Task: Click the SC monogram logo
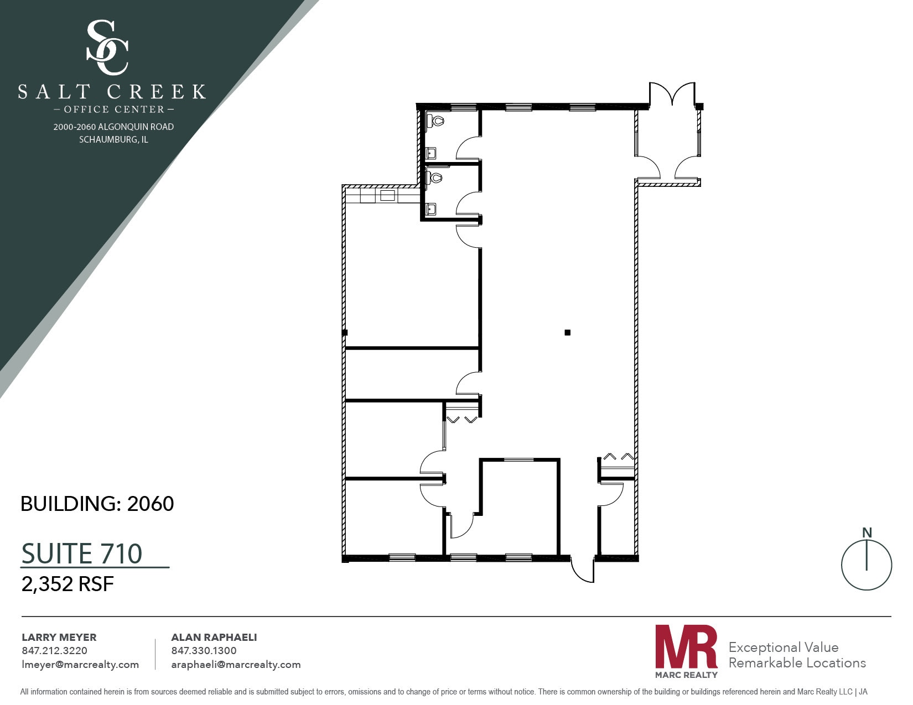coord(108,48)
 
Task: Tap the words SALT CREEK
coord(112,92)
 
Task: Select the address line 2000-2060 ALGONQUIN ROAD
coord(113,127)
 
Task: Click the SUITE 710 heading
coord(82,553)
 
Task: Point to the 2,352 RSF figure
coord(68,584)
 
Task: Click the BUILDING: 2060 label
coord(97,504)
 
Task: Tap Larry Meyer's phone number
coord(54,651)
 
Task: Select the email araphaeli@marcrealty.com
coord(236,665)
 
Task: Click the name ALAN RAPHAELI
coord(214,638)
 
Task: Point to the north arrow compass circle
coord(866,565)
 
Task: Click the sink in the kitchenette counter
coord(387,195)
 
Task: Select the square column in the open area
coord(567,332)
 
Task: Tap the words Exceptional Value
coord(783,647)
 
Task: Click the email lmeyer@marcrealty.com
coord(80,665)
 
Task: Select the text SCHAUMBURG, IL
coord(113,139)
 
